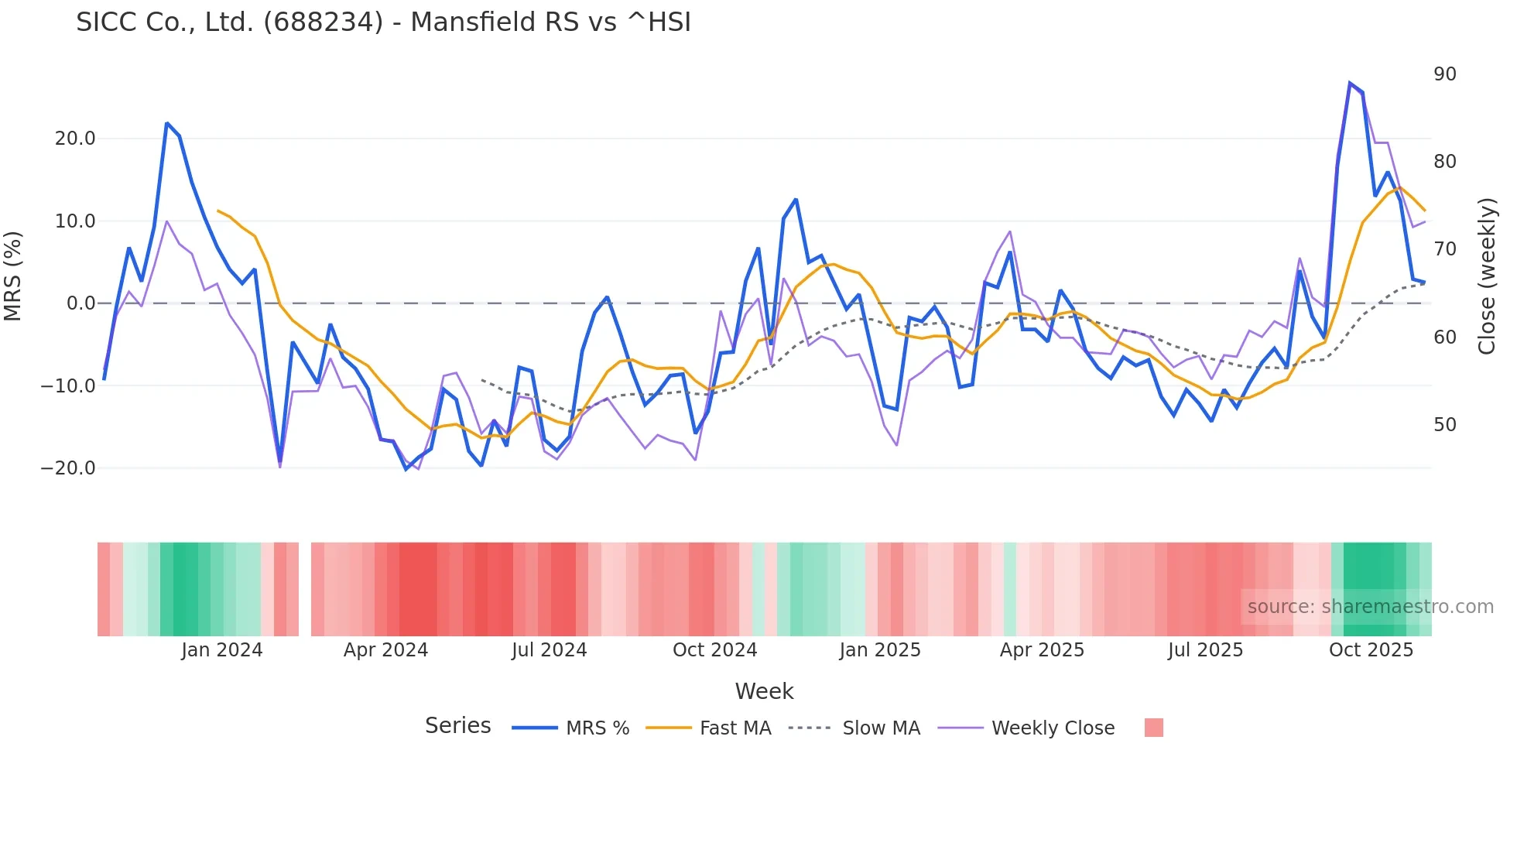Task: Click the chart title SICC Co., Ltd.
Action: [383, 22]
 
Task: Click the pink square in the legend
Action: [1153, 728]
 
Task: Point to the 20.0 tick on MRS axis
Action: [75, 139]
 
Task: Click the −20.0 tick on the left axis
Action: [68, 468]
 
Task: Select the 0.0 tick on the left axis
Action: [80, 303]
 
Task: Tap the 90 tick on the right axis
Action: [1444, 74]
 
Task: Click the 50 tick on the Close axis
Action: [1444, 425]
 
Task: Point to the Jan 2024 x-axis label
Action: [222, 650]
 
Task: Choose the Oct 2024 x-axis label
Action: [714, 650]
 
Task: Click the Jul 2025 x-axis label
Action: [1205, 650]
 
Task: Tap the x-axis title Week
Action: [764, 691]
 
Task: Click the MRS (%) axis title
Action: [13, 276]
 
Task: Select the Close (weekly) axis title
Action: [1486, 276]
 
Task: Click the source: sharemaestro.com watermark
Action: [1370, 607]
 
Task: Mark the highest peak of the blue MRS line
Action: [1350, 83]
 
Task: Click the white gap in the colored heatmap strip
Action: [305, 589]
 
